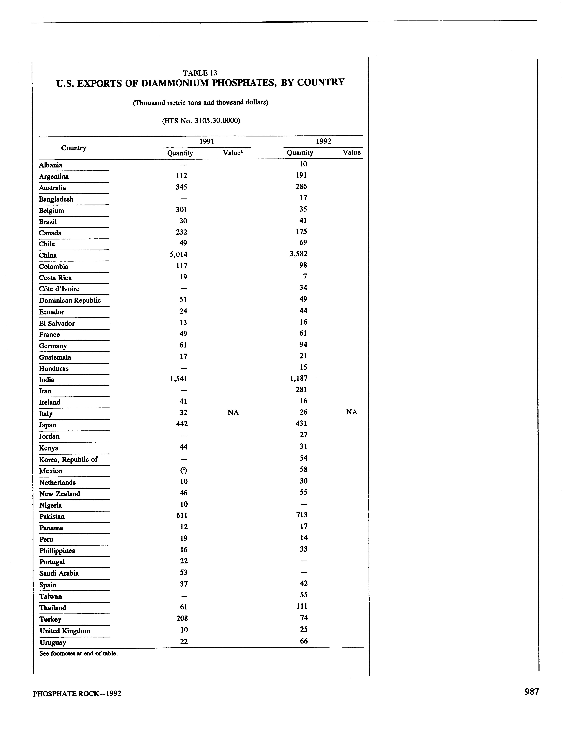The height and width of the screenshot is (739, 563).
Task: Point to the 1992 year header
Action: click(x=323, y=141)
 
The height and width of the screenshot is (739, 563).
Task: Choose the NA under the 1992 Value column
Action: click(x=352, y=412)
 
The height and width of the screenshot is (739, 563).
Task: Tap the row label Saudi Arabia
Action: click(x=59, y=573)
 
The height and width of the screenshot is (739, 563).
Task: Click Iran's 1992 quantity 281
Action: click(x=301, y=390)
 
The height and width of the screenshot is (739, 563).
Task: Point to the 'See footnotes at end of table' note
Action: click(x=78, y=653)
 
